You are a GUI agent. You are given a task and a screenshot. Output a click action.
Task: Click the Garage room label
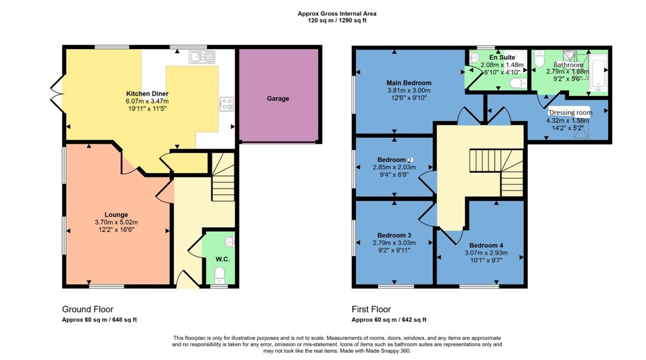coord(278,98)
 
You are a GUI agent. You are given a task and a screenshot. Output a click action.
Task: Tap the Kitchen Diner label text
coord(147,94)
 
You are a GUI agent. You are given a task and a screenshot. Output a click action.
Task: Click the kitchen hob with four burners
coord(226,103)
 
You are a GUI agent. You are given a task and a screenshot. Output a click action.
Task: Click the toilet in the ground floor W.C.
coord(219,277)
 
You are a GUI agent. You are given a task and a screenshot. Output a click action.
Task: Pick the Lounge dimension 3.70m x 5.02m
coord(117,222)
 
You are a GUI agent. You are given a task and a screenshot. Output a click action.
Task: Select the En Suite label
coord(500,57)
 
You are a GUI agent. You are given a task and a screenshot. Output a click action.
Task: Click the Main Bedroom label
coord(409,83)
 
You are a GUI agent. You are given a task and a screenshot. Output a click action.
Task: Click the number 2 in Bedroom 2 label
coord(410,160)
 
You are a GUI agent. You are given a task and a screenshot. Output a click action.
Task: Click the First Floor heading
coord(371,309)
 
